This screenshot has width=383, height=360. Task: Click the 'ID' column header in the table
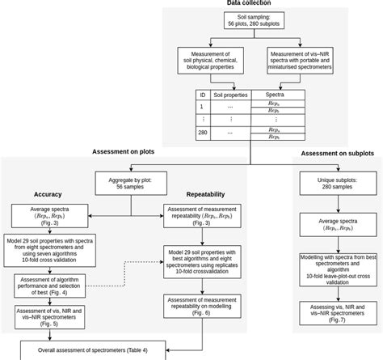(x=202, y=95)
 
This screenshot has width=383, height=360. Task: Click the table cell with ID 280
(x=202, y=133)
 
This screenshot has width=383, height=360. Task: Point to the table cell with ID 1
(x=202, y=107)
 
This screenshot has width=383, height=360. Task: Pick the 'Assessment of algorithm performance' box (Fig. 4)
(x=51, y=285)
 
